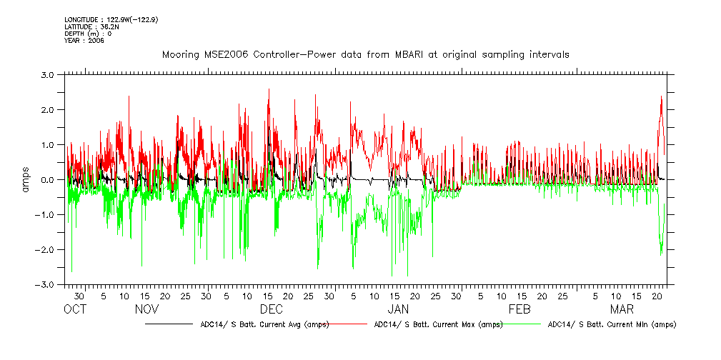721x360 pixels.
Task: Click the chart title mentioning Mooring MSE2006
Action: pos(365,55)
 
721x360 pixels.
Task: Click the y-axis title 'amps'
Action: pos(26,179)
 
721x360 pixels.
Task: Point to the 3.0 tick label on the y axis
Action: pos(47,74)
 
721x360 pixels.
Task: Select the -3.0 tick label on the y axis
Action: pos(46,284)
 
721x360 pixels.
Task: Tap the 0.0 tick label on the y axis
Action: pos(47,179)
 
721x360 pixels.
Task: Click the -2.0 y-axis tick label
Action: pos(46,249)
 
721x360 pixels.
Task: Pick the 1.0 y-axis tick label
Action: pos(47,144)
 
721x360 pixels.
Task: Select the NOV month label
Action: pos(146,309)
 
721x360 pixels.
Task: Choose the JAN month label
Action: pos(397,309)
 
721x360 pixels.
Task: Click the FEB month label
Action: pos(519,309)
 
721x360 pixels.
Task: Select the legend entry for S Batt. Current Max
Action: pos(438,324)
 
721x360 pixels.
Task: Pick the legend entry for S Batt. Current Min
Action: pos(612,324)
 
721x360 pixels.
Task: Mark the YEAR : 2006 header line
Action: pos(84,41)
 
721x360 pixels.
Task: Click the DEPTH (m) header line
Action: pos(88,34)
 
